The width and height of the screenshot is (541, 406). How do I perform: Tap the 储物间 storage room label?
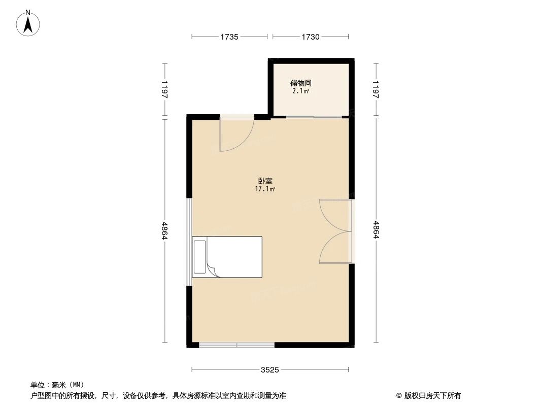300,83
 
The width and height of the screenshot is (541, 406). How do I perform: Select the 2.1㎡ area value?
300,92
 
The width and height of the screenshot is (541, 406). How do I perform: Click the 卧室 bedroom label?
264,180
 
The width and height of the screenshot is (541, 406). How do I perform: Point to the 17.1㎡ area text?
264,189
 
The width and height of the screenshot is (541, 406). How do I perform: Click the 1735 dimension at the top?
229,37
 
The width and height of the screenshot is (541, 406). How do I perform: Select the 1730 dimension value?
311,37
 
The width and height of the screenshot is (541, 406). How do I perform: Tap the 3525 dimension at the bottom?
270,369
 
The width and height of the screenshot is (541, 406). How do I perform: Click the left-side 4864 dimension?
164,231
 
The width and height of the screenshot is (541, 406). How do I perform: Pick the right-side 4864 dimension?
376,231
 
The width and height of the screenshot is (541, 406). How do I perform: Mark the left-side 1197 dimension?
164,90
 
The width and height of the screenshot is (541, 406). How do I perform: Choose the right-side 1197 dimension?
376,90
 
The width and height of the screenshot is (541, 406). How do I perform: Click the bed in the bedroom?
227,257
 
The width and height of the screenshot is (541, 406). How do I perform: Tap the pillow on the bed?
199,257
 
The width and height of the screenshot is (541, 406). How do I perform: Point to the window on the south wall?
236,346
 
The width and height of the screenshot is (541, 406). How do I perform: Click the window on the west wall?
189,242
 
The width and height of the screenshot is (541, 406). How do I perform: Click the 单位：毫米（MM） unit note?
57,385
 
